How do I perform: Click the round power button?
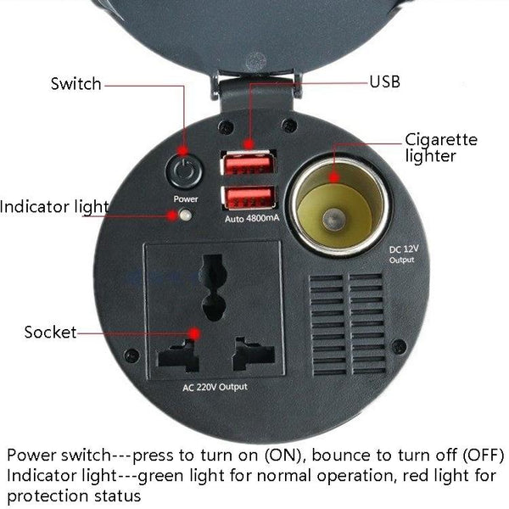coord(185,170)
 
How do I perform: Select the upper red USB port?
coord(249,162)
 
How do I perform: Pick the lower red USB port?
coord(249,198)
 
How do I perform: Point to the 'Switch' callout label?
coord(76,84)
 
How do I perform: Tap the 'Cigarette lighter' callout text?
coord(440,148)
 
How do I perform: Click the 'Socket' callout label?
coord(50,332)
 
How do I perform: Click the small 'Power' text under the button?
coord(186,199)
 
